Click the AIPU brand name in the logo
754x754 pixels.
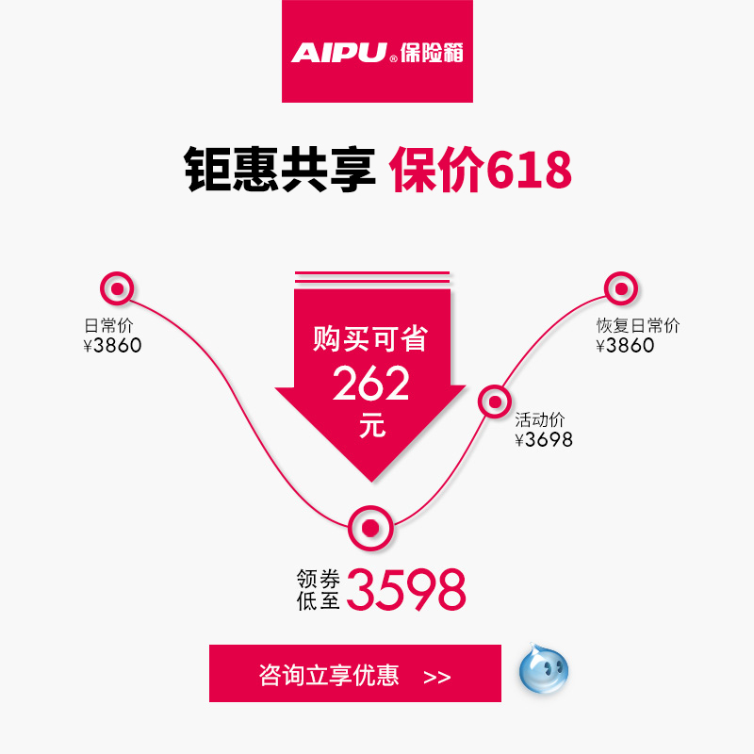pos(339,53)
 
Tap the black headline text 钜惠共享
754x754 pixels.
pos(280,170)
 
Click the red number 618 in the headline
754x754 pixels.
pos(529,170)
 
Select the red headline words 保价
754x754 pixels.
pos(436,170)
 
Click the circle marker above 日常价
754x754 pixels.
pos(117,288)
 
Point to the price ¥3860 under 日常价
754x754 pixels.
pos(112,345)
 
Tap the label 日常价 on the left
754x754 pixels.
pos(108,325)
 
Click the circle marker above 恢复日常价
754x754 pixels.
pos(621,288)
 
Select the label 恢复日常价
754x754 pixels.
pos(638,325)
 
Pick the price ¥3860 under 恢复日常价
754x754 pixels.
pos(625,345)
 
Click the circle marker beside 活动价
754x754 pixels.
pos(494,402)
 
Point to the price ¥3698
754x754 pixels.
pos(544,439)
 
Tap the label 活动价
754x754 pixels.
pos(539,419)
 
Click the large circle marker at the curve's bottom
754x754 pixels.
pos(370,528)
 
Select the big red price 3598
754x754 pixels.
pos(406,590)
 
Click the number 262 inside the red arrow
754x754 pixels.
pos(370,384)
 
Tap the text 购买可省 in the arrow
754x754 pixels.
pos(370,338)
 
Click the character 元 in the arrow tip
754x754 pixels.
pos(372,425)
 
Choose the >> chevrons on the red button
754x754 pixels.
pos(437,677)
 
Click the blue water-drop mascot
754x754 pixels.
pos(544,668)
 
